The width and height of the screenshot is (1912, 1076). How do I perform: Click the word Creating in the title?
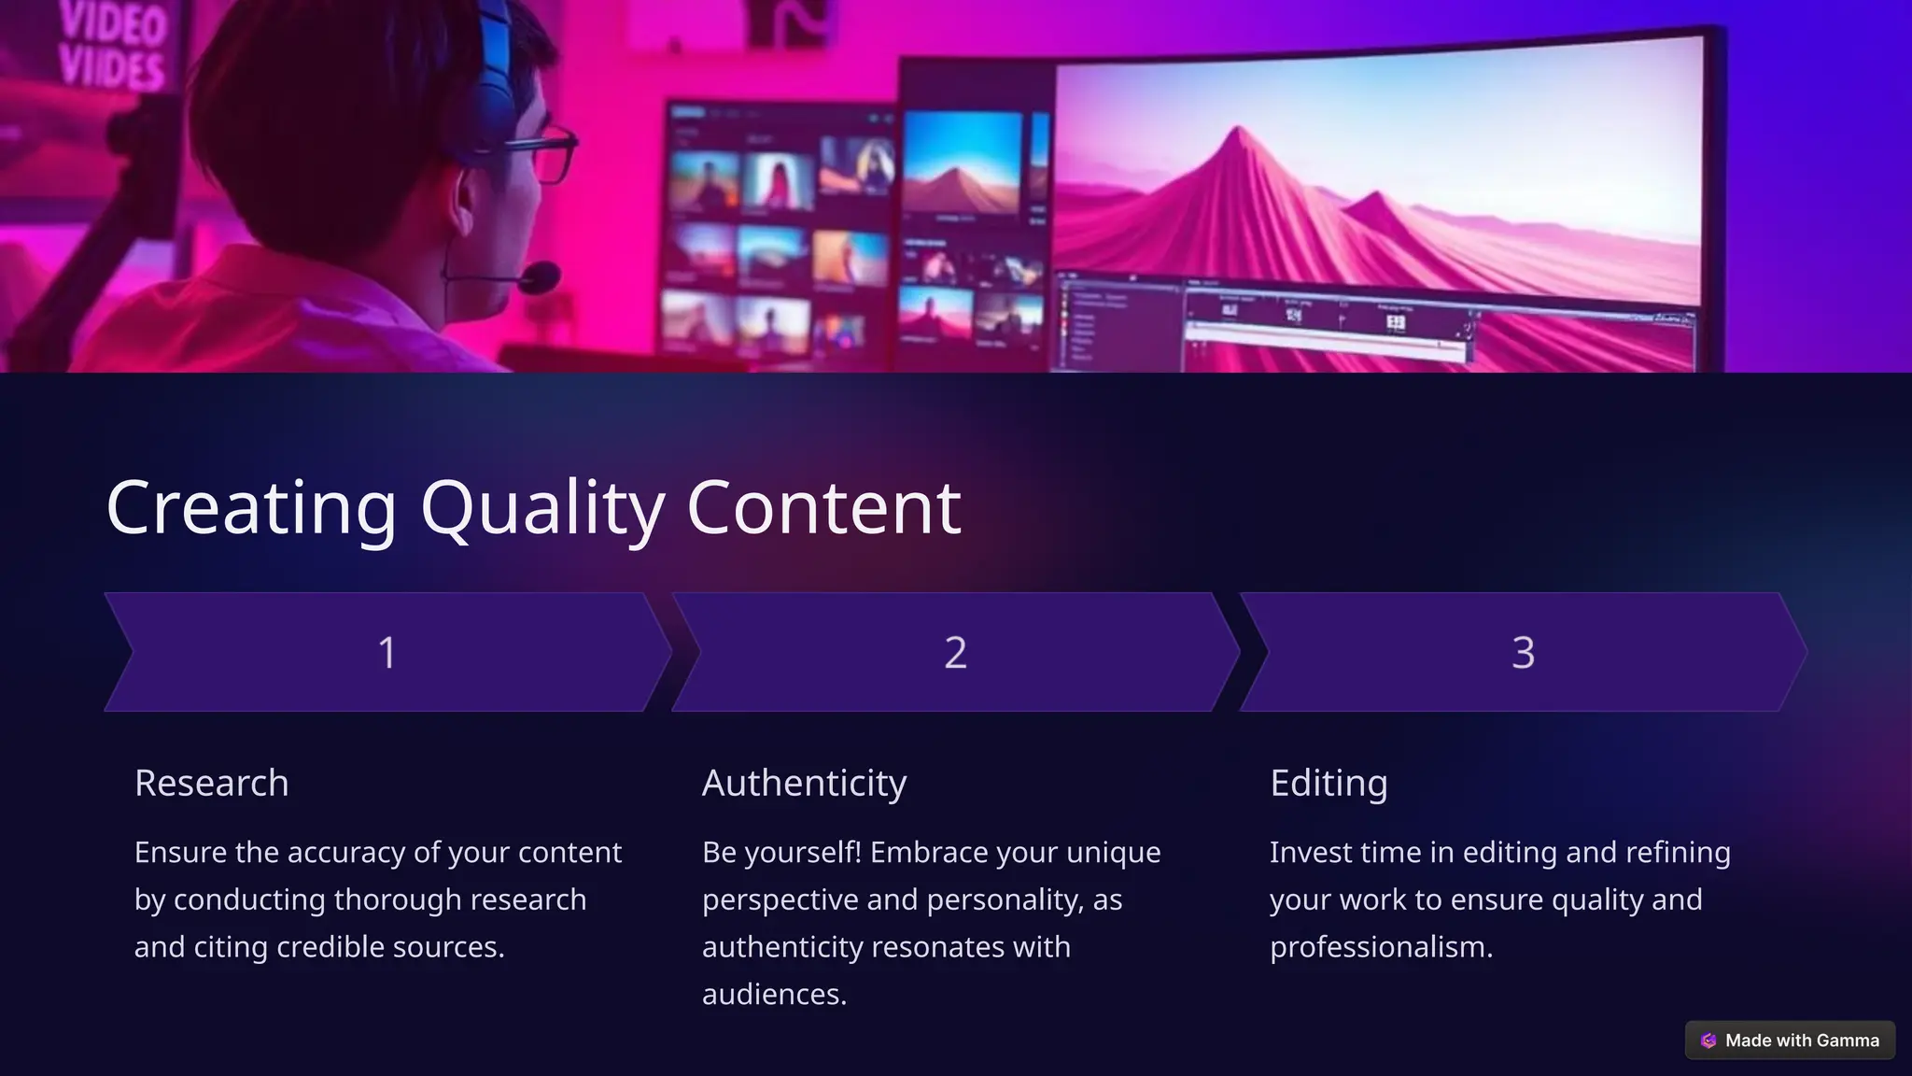pos(251,507)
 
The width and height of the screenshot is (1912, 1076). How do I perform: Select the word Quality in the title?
pos(541,507)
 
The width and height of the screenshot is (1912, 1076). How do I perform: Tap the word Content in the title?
pos(823,507)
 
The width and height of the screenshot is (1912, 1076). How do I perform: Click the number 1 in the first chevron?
pos(387,652)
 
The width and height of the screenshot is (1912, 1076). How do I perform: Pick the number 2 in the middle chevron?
pos(955,652)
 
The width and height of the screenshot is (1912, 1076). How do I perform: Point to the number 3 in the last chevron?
pos(1523,652)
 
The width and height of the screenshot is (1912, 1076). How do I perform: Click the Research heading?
pos(212,783)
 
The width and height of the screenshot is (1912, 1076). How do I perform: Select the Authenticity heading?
pos(804,783)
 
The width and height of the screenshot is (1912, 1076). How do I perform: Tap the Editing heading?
pos(1329,783)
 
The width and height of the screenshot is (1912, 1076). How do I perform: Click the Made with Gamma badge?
pos(1790,1041)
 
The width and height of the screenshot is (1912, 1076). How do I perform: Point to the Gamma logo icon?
pos(1708,1041)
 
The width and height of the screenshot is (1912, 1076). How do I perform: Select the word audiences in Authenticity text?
pos(774,994)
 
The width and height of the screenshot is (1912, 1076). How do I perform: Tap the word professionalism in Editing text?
pos(1381,947)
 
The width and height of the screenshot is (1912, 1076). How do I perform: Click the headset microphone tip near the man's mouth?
pos(541,277)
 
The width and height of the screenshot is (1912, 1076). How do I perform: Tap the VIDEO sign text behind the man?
pos(113,23)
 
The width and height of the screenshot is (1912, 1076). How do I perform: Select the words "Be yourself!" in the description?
pos(781,853)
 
